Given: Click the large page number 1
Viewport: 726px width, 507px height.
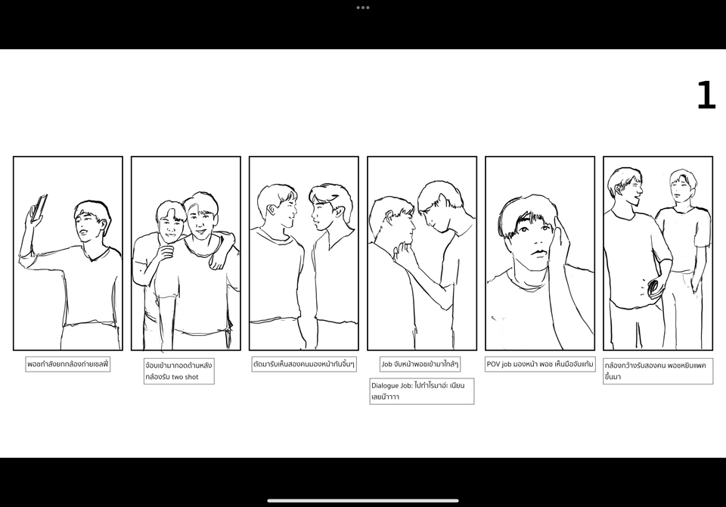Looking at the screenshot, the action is tap(706, 95).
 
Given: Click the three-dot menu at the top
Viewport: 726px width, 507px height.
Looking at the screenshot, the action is tap(362, 8).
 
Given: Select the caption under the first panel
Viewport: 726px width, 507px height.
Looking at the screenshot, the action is tap(67, 364).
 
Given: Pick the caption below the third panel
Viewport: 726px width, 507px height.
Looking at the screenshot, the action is tap(304, 364).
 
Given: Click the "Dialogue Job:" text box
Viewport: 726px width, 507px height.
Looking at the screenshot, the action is tap(421, 391).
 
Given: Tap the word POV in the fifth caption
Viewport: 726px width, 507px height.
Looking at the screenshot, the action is tap(493, 364).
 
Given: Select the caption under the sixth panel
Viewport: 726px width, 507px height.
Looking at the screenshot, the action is tap(657, 372).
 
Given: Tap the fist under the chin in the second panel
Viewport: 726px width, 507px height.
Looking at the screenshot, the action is tap(166, 253).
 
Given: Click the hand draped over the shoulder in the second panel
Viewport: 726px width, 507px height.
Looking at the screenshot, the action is tap(217, 260).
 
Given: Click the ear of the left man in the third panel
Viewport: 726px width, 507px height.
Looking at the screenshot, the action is tap(271, 210).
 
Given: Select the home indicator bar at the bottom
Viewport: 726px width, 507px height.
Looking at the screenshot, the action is tap(363, 500).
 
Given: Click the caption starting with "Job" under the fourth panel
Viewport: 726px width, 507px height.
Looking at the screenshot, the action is tap(420, 364).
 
